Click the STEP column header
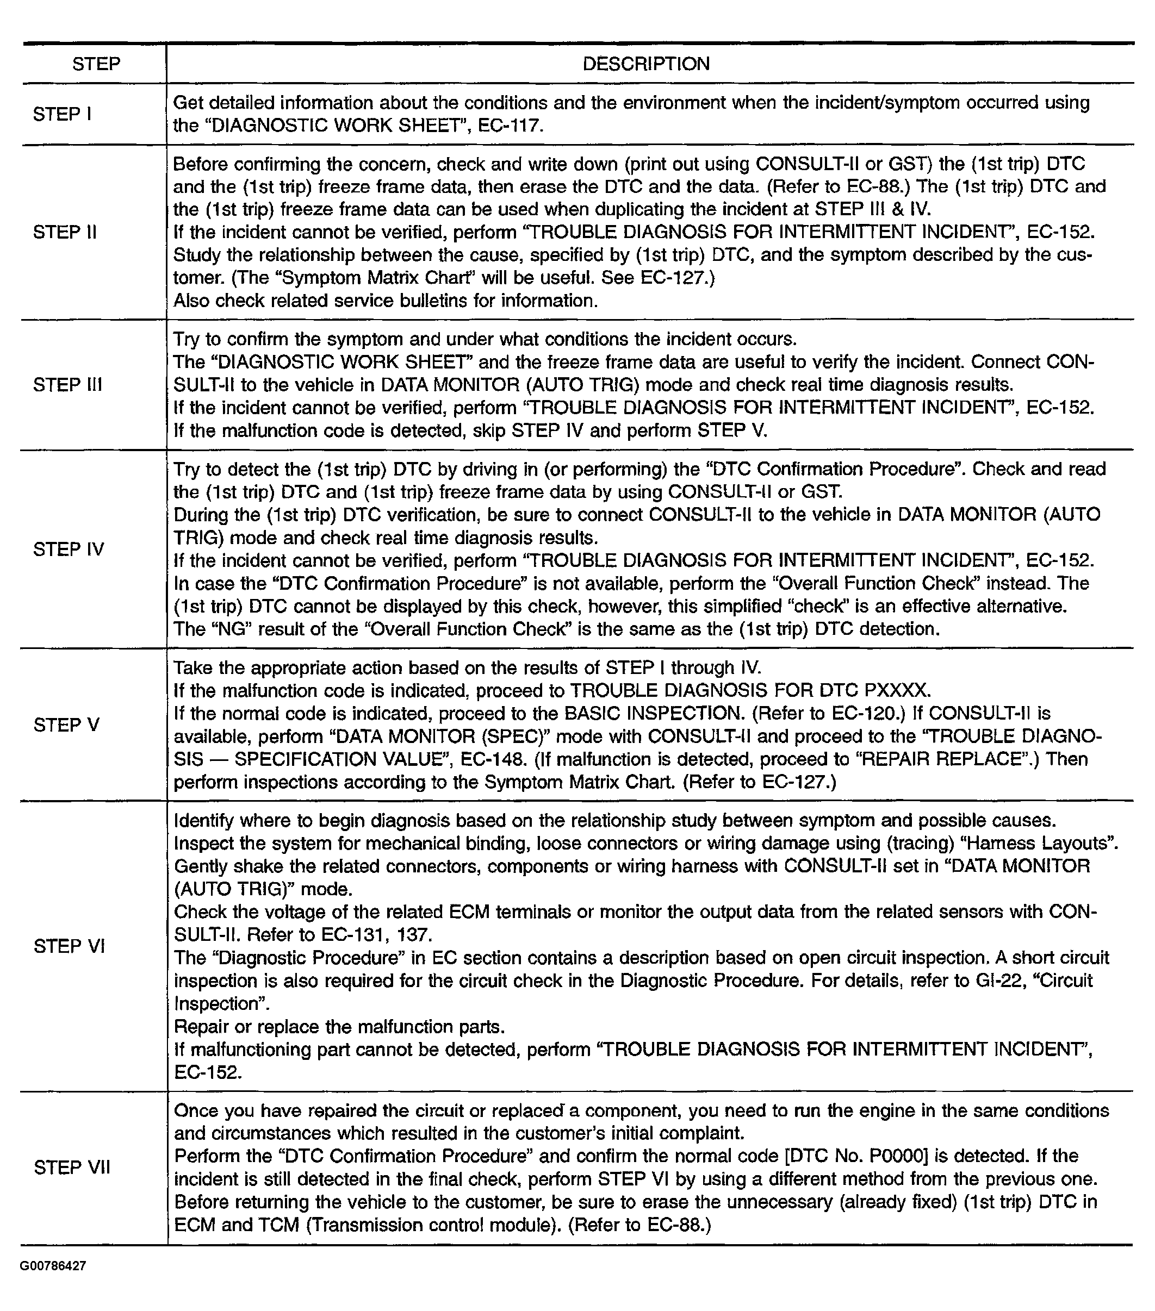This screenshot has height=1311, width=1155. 96,64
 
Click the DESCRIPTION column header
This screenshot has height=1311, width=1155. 645,64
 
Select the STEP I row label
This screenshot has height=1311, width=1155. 62,114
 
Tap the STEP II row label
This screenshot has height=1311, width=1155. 65,232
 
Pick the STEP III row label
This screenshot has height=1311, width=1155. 67,385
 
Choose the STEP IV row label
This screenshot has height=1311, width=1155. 68,549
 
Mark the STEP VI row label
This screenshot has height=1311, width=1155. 69,946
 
